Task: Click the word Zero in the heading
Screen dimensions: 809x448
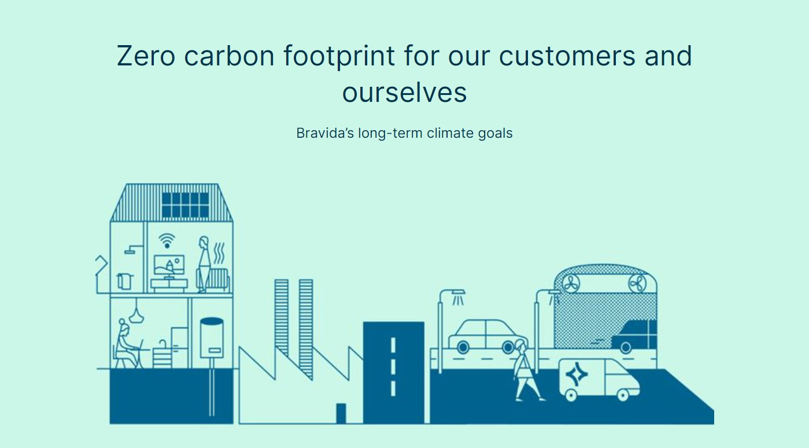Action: [146, 56]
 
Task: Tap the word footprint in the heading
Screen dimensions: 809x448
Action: [339, 56]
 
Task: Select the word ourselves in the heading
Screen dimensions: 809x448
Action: [405, 93]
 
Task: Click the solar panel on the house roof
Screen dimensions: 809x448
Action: [185, 205]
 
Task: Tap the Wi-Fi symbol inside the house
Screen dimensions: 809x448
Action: [167, 240]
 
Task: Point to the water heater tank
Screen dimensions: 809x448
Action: [212, 337]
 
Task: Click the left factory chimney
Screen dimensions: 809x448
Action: [282, 317]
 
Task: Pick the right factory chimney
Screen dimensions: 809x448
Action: [306, 329]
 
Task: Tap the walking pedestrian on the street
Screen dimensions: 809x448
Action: [527, 370]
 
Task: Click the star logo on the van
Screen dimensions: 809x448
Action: [577, 374]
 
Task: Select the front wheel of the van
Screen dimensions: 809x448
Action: [623, 395]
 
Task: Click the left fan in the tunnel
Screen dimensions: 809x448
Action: [571, 284]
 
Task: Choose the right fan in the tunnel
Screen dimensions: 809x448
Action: [637, 284]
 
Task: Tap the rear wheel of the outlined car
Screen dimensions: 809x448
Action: [463, 347]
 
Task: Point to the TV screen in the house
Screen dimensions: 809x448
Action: [169, 265]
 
